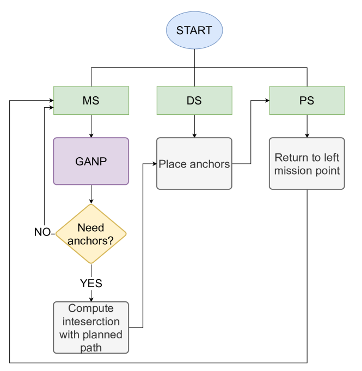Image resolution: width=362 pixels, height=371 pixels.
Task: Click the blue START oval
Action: pos(194,30)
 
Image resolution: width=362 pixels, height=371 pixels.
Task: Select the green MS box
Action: pos(91,101)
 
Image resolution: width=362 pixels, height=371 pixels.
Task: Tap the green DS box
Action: pos(194,101)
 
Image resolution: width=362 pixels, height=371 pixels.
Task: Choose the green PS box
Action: pos(306,101)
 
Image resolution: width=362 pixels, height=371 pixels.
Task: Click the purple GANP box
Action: pos(91,161)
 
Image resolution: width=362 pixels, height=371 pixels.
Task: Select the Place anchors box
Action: pos(194,164)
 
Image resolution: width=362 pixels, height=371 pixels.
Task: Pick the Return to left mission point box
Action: pos(306,164)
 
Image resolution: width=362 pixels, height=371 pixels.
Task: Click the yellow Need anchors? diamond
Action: pos(91,233)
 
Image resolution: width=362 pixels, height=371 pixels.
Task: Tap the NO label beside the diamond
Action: pos(42,232)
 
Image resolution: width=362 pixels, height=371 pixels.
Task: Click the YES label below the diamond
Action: pos(91,283)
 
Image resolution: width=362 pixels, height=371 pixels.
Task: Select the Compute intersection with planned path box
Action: pos(91,327)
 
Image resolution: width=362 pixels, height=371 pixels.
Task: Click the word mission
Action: pos(293,171)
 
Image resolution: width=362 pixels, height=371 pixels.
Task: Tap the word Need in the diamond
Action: pos(91,227)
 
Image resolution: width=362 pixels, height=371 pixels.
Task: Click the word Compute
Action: pos(91,308)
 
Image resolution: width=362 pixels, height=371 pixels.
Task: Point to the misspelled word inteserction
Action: pos(91,321)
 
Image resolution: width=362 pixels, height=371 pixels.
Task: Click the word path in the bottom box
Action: pos(91,347)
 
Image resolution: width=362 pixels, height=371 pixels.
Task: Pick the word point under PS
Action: pos(327,171)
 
